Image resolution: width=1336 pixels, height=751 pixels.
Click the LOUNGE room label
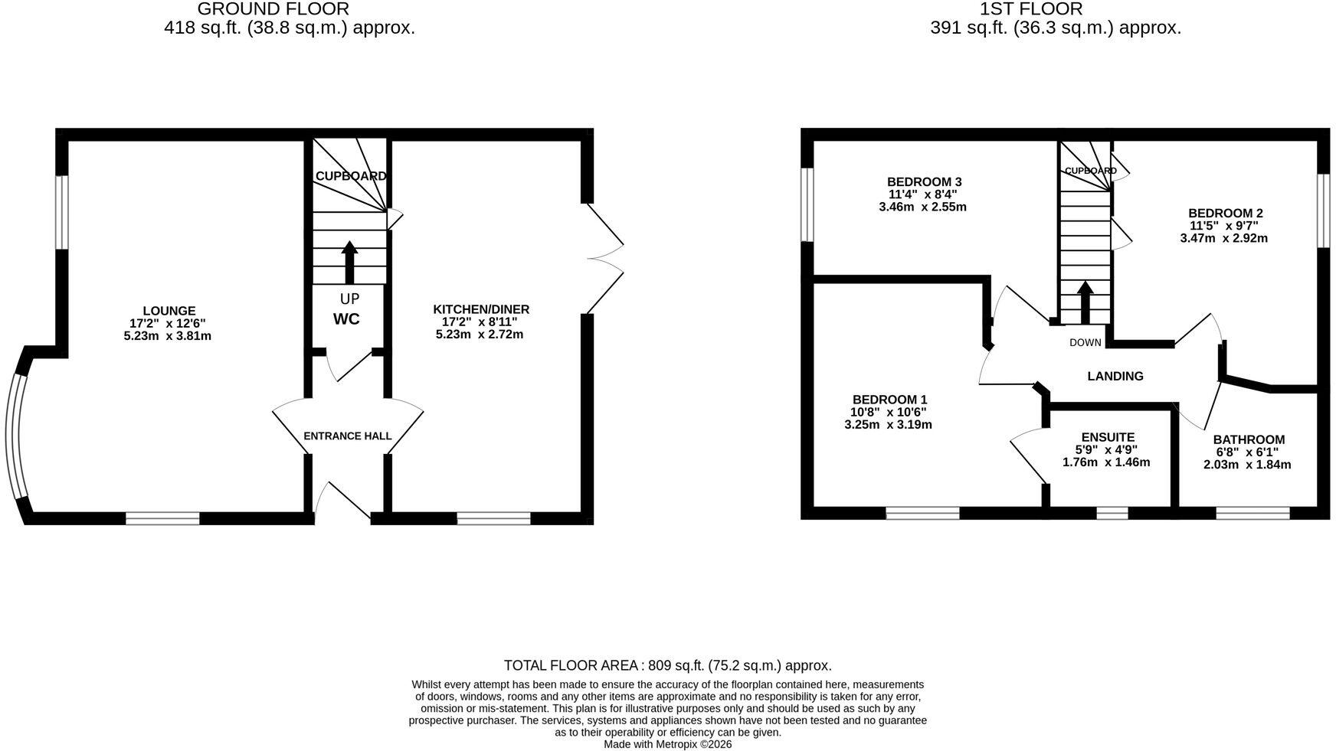coord(169,311)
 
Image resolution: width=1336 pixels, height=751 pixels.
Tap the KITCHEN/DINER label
coord(481,309)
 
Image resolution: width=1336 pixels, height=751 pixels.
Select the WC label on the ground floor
coord(346,319)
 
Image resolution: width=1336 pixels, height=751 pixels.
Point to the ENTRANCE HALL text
coord(348,436)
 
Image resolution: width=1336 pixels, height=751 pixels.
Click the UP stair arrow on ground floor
coord(349,263)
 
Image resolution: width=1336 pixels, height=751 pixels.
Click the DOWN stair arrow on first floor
coord(1085,302)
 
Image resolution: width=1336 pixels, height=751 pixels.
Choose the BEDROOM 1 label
coord(889,400)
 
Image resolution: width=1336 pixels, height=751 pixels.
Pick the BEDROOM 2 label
coord(1226,213)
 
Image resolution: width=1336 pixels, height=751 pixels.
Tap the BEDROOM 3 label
coord(924,181)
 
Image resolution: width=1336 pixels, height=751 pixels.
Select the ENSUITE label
coord(1108,438)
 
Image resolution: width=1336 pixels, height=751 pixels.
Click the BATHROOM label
coord(1249,439)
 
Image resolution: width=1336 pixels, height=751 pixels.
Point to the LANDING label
coord(1115,376)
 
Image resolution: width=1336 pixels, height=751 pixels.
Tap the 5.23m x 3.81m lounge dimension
coord(167,335)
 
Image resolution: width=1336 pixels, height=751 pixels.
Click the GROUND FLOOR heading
coord(273,9)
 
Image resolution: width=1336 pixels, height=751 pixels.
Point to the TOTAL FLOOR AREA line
coord(668,666)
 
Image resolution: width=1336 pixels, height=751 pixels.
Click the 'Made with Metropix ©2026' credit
coord(668,744)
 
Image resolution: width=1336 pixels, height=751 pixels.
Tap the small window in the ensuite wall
coord(1112,513)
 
